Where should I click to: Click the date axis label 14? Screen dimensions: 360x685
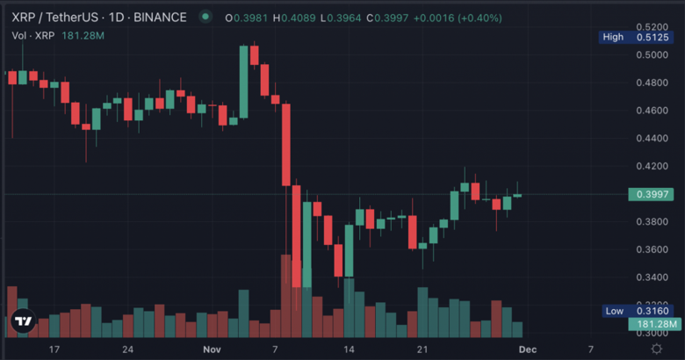click(350, 349)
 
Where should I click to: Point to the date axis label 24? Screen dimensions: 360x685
click(128, 349)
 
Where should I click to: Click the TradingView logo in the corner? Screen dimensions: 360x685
click(24, 322)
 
